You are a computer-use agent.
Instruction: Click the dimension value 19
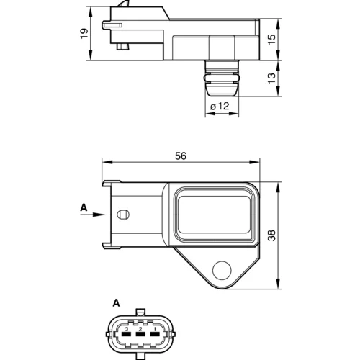pos(84,33)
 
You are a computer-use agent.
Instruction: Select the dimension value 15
pos(272,39)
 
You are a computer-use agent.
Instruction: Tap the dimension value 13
pos(272,78)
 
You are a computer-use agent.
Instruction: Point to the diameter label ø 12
pos(220,106)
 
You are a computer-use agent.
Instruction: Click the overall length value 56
pos(181,156)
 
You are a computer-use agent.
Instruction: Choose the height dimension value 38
pos(272,235)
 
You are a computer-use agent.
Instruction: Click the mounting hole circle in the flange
pos(222,270)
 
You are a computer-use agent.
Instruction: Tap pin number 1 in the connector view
pos(155,328)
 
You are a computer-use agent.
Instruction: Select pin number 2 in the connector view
pos(140,328)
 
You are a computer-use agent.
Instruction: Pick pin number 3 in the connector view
pos(127,328)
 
